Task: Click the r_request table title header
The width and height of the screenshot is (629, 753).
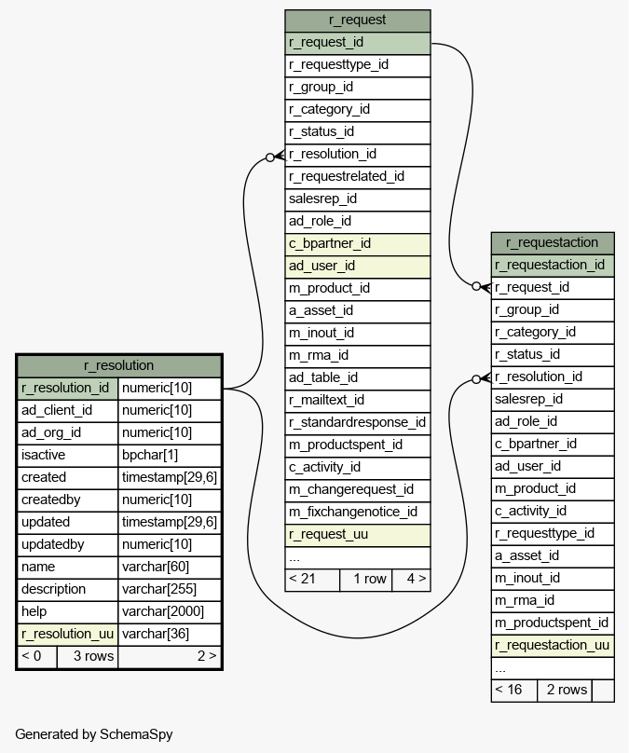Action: click(358, 21)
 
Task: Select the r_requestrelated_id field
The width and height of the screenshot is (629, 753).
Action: click(358, 177)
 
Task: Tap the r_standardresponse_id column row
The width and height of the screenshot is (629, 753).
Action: click(358, 423)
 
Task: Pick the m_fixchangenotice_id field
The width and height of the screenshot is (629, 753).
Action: click(358, 513)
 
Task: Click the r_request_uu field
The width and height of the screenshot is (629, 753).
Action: click(358, 535)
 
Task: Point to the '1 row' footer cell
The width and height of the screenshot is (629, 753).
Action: click(366, 580)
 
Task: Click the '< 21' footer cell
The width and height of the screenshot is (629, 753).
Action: click(312, 580)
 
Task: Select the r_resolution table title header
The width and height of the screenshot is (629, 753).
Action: click(119, 366)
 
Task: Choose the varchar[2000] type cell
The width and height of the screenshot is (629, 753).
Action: click(170, 611)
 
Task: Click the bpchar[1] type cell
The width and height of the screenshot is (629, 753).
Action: click(170, 456)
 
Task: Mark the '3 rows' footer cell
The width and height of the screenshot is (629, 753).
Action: click(88, 657)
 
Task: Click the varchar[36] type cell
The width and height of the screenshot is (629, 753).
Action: click(170, 635)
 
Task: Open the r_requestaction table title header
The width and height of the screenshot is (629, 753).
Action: click(553, 243)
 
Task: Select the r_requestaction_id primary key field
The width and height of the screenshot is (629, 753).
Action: click(553, 266)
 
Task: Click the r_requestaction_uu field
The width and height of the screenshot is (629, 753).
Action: click(553, 646)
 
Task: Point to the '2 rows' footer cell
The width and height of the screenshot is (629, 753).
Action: click(564, 691)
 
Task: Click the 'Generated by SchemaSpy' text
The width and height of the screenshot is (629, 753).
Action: click(94, 734)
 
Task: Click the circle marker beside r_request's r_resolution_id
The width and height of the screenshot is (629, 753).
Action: click(270, 157)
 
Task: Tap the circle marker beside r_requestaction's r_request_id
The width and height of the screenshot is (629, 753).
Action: click(476, 286)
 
